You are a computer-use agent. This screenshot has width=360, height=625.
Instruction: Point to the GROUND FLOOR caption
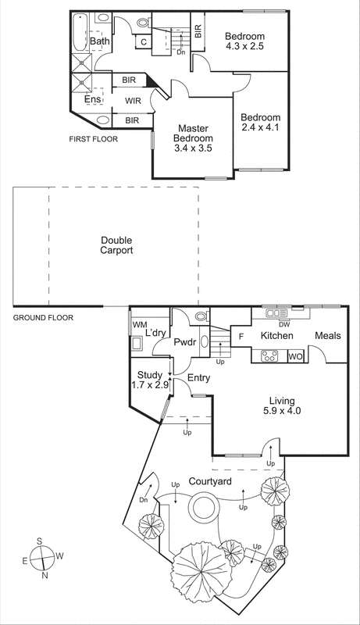pos(42,317)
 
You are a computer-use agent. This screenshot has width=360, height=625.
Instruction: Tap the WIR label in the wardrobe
pos(133,100)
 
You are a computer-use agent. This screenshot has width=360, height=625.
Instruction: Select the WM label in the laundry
pos(140,324)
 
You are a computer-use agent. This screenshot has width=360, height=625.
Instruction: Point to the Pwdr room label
pos(184,341)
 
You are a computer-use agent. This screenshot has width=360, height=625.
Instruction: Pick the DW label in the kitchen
pos(284,323)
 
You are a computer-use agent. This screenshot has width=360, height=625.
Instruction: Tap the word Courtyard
pos(210,482)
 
